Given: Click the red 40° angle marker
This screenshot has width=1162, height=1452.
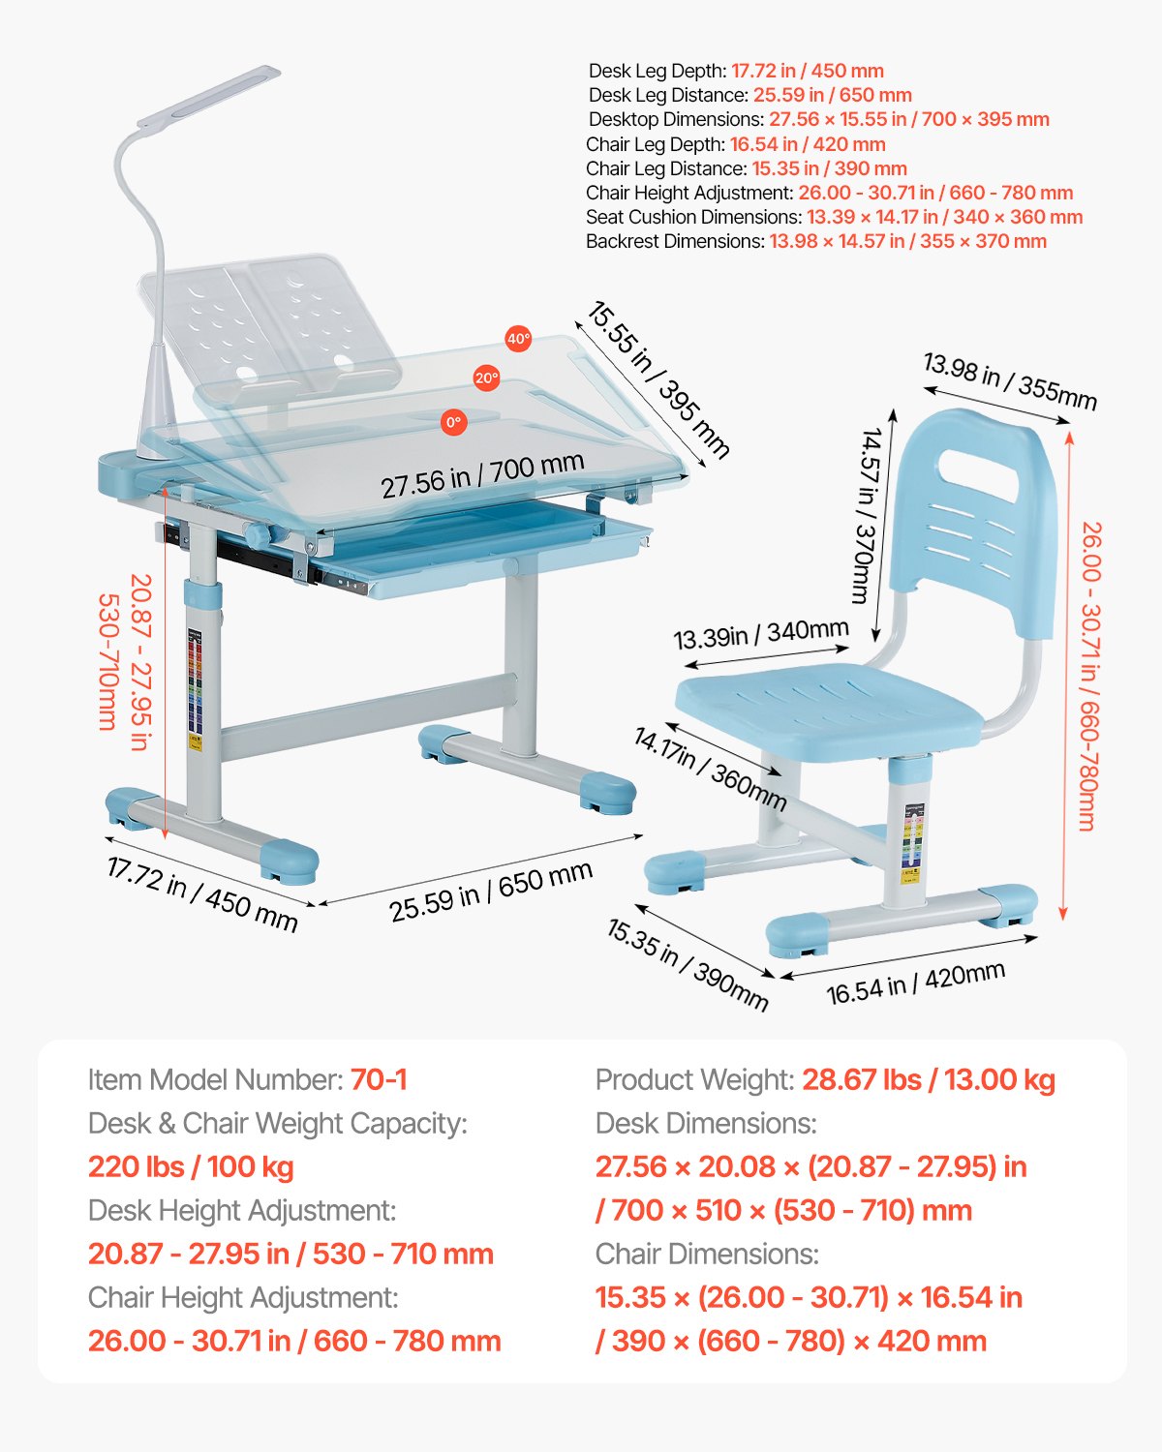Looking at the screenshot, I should tap(518, 339).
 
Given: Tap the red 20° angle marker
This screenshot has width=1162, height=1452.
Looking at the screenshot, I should tap(486, 378).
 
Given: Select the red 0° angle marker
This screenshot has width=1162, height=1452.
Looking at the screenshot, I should tap(453, 422).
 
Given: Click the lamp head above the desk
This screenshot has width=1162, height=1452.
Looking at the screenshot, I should tap(209, 96).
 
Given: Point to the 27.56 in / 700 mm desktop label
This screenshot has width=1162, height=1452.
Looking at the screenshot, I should tap(482, 475).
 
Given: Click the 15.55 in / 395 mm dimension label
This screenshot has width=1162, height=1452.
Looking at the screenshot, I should tap(657, 379).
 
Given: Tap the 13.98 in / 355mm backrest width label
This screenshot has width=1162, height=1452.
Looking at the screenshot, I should tap(1009, 381).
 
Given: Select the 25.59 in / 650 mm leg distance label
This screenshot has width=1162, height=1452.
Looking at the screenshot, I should tap(491, 891).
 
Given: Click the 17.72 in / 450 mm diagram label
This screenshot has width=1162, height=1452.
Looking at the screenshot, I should tap(201, 893).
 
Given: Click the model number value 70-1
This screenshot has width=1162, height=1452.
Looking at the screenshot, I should tap(379, 1079).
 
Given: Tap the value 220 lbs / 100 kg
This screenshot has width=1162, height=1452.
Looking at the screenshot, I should tap(191, 1166).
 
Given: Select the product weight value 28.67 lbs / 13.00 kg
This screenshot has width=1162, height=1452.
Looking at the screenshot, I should tap(928, 1079).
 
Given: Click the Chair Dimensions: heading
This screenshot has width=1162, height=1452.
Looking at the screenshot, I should tap(707, 1254).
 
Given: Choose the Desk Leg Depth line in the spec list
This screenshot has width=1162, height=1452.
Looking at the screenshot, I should tap(736, 71).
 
